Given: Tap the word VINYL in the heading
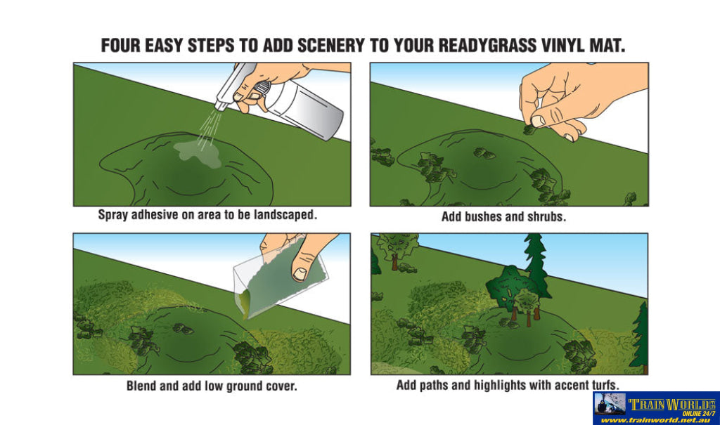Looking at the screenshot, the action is pos(566,46).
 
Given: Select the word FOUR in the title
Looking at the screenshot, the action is pos(120,46).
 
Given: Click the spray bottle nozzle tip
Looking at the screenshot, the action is pos(219,107).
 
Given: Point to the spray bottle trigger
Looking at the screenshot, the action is pos(259,89).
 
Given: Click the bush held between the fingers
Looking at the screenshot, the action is pos(530,129).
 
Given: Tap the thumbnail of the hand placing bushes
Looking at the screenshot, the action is pos(538,121).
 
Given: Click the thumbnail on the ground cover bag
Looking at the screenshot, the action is pos(301,274).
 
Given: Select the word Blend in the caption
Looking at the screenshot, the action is pos(141,386).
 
